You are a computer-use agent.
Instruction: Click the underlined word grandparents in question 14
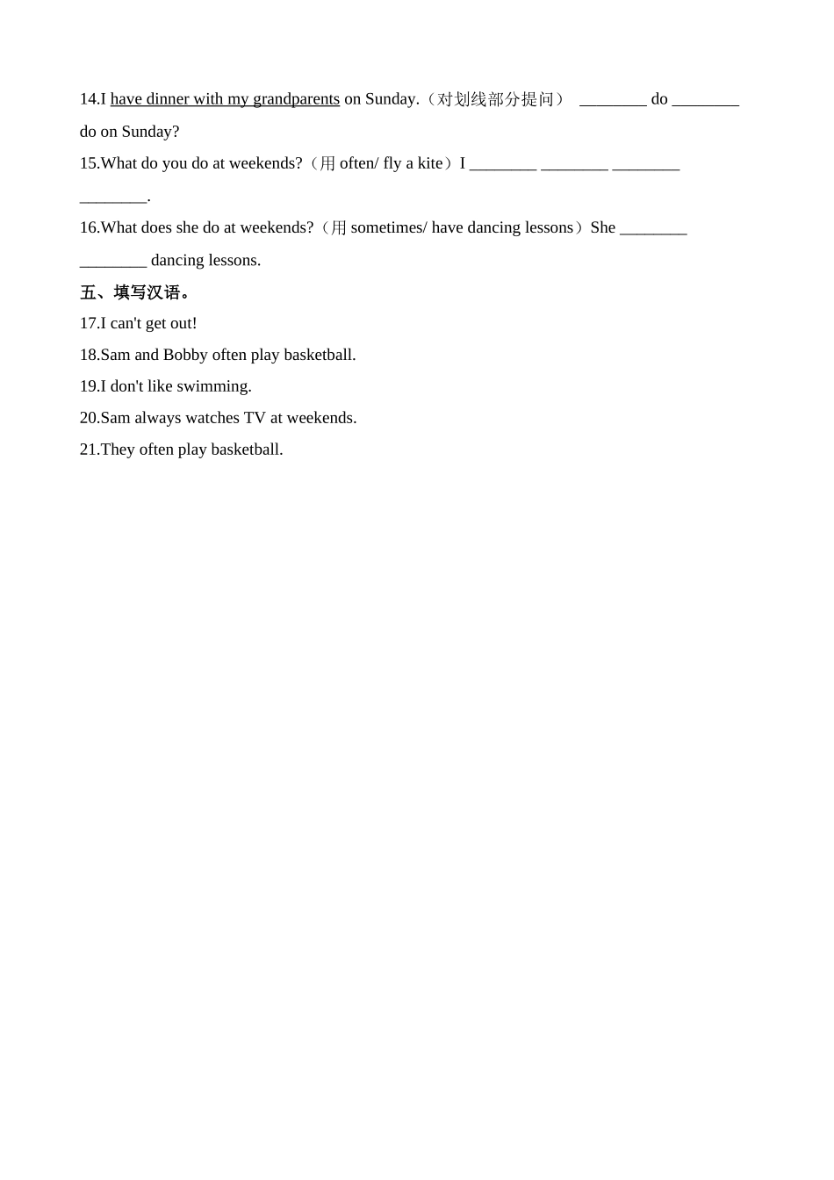pos(296,99)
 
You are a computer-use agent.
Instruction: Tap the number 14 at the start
pos(88,99)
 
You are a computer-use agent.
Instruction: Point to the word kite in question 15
pos(430,163)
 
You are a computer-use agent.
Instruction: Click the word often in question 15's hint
pos(357,163)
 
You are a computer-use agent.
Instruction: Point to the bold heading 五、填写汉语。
pos(135,292)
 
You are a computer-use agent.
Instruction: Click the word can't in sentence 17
pos(126,323)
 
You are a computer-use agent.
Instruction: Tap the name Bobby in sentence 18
pos(185,355)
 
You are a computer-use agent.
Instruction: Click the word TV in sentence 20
pos(255,418)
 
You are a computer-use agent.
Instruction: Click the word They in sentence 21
pos(118,450)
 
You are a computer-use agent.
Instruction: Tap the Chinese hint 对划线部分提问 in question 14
pos(496,99)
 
